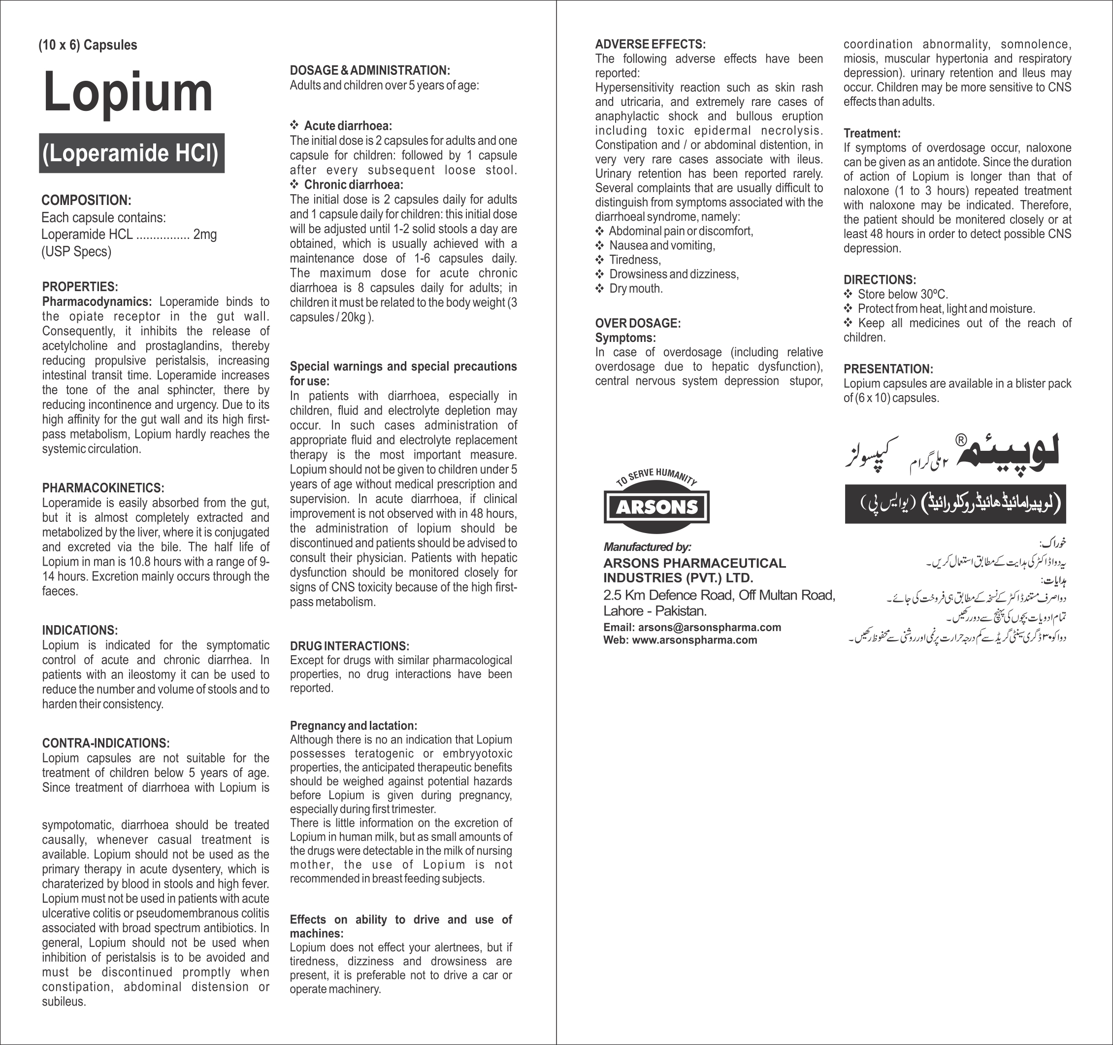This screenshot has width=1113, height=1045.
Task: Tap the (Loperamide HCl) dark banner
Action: point(131,153)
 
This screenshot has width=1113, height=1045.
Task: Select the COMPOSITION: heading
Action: point(86,201)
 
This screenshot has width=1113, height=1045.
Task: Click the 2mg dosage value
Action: point(205,235)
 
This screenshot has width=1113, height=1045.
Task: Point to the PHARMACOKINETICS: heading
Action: point(103,488)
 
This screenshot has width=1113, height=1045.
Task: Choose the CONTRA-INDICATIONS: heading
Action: point(106,743)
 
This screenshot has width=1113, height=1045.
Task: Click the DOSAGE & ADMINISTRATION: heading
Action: point(370,70)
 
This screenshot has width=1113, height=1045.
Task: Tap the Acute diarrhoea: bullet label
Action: point(348,126)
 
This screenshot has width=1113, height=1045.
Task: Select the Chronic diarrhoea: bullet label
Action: point(353,185)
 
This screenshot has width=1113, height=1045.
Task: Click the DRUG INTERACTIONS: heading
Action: point(349,646)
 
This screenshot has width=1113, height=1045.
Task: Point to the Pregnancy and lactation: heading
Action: point(353,726)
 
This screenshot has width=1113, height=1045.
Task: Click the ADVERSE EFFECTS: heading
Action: point(650,44)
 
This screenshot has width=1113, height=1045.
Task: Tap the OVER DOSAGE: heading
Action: point(638,323)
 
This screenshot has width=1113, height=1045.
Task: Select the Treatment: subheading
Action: point(872,134)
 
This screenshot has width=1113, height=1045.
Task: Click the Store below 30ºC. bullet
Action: point(903,295)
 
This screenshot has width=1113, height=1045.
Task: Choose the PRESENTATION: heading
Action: point(888,369)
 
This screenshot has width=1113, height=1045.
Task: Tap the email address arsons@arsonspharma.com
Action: point(709,627)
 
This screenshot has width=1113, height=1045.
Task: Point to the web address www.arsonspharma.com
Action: point(694,640)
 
